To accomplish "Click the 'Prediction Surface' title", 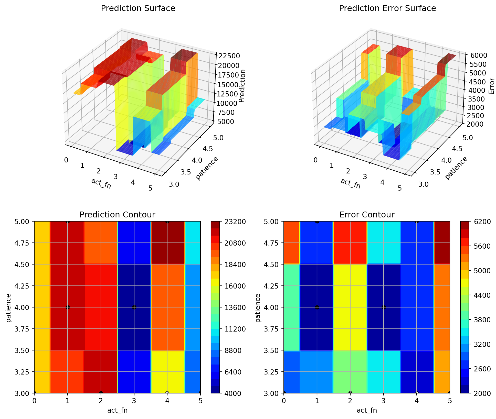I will click(138, 8).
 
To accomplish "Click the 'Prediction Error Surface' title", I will click(387, 8).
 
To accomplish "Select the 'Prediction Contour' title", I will click(117, 215).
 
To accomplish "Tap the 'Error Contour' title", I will click(367, 215).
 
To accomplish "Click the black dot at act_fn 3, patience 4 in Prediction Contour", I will click(134, 307).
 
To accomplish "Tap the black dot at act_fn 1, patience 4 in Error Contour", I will click(317, 307).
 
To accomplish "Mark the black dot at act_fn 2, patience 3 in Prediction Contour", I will click(101, 393).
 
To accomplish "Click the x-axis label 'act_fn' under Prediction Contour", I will click(117, 411).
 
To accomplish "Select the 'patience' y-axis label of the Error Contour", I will click(258, 308).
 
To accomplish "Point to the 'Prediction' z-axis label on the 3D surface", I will click(242, 86).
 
